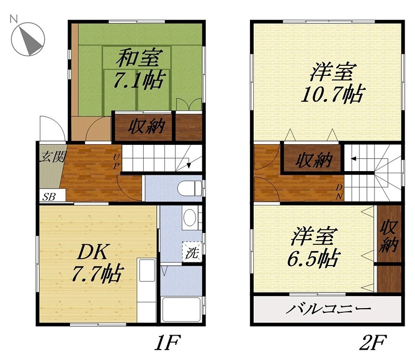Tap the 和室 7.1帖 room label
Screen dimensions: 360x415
138,70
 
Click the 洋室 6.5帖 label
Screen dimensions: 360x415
314,247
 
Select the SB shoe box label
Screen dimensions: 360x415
50,196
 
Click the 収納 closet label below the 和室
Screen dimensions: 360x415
143,126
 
